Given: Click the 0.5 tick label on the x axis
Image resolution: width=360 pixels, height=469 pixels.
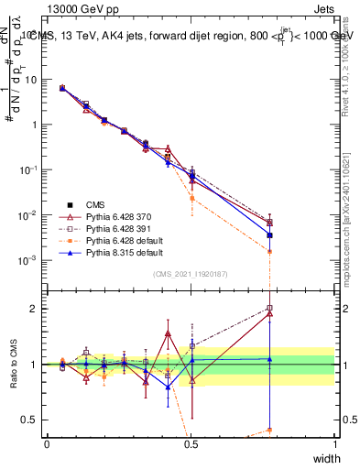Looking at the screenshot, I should click(x=191, y=443).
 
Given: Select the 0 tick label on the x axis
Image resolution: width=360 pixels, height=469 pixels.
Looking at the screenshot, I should click(x=47, y=443).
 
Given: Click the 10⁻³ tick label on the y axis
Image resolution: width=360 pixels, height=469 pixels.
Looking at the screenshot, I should click(x=29, y=260).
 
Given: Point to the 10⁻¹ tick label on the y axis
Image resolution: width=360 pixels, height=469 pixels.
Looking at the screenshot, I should click(x=29, y=170).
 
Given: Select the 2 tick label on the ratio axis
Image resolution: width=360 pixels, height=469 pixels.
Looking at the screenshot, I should click(x=36, y=309).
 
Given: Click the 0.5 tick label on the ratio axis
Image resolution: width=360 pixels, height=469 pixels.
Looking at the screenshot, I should click(x=32, y=420).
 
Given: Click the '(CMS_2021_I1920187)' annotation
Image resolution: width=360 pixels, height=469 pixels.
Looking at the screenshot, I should click(x=191, y=274).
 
